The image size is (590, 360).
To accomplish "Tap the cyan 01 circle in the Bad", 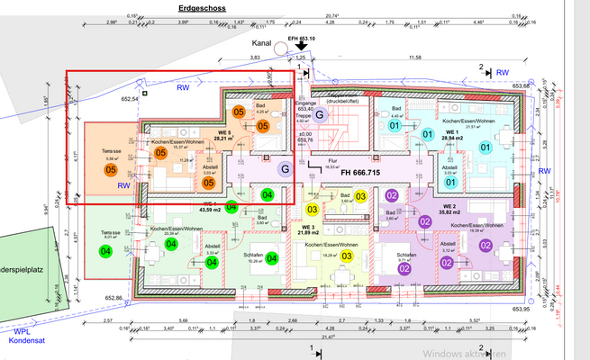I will (394, 127).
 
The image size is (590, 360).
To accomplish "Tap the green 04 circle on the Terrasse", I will (106, 251).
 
